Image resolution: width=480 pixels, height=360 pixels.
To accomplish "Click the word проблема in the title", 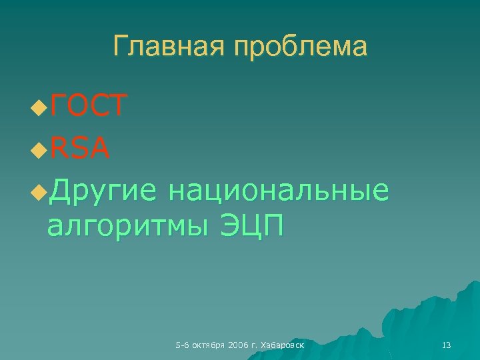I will coord(296,47).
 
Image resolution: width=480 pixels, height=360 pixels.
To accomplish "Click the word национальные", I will coord(278,191).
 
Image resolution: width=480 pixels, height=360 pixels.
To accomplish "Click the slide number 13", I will coord(447,345).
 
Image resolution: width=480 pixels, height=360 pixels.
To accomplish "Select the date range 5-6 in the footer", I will coord(181,345).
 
